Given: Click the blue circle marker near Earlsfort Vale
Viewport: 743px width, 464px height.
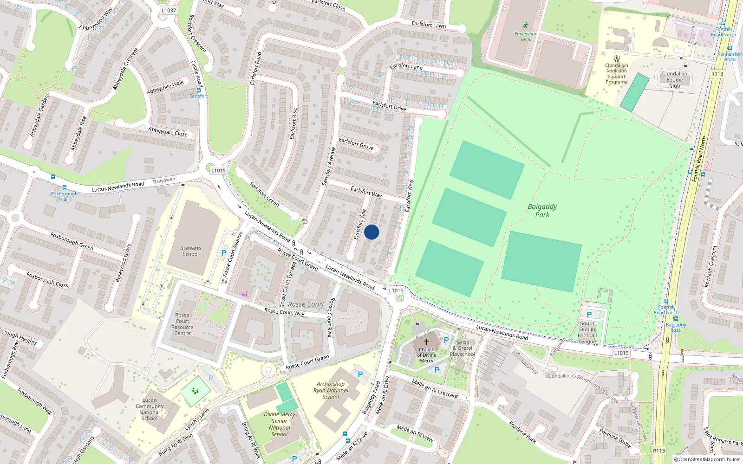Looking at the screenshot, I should [371, 232].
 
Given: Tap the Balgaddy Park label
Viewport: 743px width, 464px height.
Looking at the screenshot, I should [542, 211].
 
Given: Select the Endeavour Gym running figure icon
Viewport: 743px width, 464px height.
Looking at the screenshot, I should [525, 26].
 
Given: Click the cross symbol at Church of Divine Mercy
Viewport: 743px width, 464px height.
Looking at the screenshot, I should [427, 342].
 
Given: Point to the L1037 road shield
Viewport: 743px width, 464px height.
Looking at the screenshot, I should [169, 10].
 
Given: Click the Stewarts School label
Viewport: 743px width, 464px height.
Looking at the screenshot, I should [191, 251].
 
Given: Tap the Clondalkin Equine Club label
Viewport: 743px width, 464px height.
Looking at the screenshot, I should [675, 80].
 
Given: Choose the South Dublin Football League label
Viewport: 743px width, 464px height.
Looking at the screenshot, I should [587, 332].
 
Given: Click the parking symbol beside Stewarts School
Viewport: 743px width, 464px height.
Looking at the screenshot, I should [224, 253].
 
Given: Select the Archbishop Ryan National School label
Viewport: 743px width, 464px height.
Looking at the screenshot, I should [331, 390].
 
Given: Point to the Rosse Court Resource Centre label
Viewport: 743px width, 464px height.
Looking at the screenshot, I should [182, 324].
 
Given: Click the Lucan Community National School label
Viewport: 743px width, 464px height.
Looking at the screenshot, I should [150, 409].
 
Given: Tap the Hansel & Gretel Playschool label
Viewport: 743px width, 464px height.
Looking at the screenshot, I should [462, 348].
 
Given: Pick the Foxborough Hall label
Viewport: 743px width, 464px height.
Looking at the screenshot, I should [65, 196].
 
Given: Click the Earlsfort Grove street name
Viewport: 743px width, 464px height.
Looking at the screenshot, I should [356, 144].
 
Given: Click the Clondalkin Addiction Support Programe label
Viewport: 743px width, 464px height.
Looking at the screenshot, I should [617, 74].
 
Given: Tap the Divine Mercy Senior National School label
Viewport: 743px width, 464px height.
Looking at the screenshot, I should [280, 424].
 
